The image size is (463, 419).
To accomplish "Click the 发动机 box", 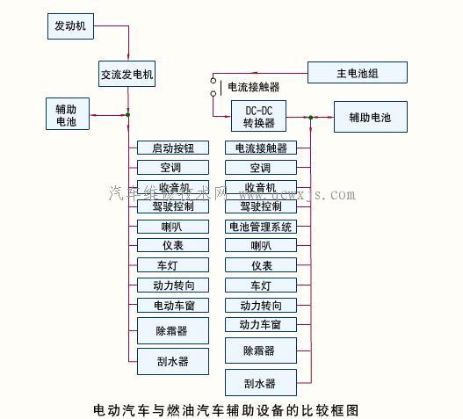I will pyautogui.click(x=69, y=26).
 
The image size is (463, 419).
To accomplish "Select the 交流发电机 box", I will pyautogui.click(x=127, y=75).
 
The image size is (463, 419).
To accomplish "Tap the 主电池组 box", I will pyautogui.click(x=358, y=72).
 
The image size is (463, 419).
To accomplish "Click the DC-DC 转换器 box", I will pyautogui.click(x=259, y=116).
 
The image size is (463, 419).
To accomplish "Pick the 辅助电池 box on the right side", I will pyautogui.click(x=371, y=116).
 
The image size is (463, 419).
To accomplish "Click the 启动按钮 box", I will pyautogui.click(x=173, y=148).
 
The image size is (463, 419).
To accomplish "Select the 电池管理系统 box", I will pyautogui.click(x=261, y=227).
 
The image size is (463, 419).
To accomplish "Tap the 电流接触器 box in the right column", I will pyautogui.click(x=261, y=148).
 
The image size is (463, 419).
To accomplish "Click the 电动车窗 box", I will pyautogui.click(x=173, y=305).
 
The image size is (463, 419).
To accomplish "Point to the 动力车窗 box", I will pyautogui.click(x=261, y=325).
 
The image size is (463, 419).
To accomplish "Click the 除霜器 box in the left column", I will pyautogui.click(x=173, y=330).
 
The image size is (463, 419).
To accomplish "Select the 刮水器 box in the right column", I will pyautogui.click(x=261, y=383).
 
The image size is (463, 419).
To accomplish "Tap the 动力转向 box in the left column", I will pyautogui.click(x=173, y=285).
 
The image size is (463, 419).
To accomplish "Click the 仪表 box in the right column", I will pyautogui.click(x=261, y=265).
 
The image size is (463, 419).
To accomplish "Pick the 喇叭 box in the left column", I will pyautogui.click(x=173, y=226).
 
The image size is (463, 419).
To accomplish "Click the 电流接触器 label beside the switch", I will pyautogui.click(x=254, y=87).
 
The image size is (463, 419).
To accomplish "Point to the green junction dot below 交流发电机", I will pyautogui.click(x=127, y=114).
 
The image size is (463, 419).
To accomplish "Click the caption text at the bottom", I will pyautogui.click(x=226, y=409).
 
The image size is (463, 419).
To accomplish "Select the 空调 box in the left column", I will pyautogui.click(x=173, y=168).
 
